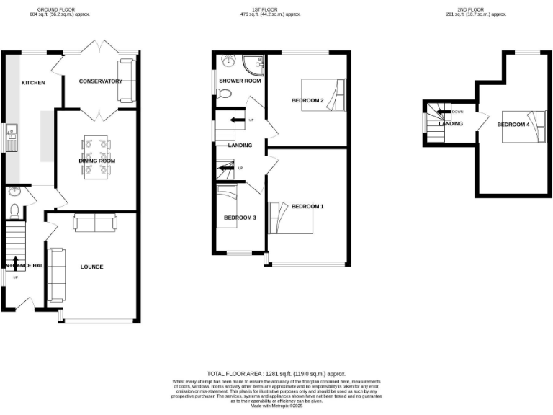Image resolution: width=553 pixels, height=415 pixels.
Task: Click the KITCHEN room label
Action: click(33, 83)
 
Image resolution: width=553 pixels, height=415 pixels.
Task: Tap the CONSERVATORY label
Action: click(100, 81)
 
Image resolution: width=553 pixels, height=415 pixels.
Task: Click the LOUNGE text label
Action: click(91, 267)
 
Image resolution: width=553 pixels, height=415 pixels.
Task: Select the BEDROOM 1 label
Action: click(307, 207)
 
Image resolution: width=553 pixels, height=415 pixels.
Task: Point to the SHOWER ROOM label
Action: click(240, 81)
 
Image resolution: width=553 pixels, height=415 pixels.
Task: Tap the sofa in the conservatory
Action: click(126, 80)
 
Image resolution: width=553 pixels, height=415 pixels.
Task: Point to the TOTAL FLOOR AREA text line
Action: click(276, 374)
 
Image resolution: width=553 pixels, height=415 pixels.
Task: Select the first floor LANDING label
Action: click(240, 146)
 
